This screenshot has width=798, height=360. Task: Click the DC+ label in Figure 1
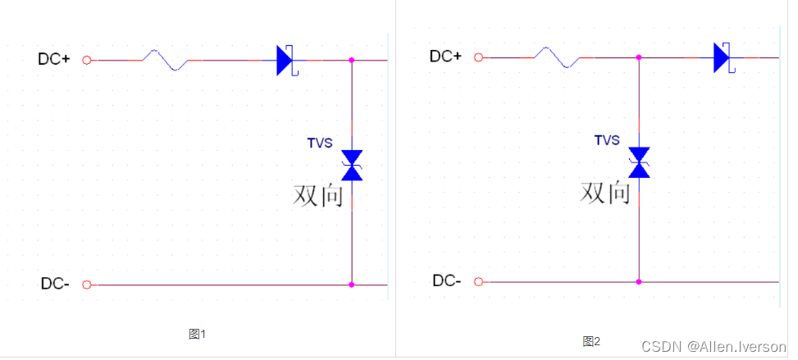(54, 59)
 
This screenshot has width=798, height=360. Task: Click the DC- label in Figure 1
(55, 284)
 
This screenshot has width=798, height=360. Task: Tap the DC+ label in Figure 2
(446, 56)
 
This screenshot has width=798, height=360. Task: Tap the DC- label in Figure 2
(447, 281)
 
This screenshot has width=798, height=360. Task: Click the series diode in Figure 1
(285, 60)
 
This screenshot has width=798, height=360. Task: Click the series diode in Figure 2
(723, 57)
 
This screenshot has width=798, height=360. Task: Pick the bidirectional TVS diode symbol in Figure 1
(352, 165)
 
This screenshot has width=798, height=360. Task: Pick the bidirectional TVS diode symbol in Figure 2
(639, 162)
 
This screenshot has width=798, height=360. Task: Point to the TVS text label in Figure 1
(320, 143)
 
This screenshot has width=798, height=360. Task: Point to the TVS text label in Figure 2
(607, 140)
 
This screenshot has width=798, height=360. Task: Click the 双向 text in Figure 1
(318, 195)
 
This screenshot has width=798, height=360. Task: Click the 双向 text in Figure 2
(605, 193)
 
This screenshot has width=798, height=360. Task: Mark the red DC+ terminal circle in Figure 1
(87, 60)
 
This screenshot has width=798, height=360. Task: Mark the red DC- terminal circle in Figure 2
(478, 281)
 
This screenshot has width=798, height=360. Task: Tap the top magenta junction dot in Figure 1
(352, 60)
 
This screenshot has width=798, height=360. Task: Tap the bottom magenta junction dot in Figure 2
(639, 281)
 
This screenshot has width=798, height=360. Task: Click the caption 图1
(197, 334)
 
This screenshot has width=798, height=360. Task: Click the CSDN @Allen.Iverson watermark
(713, 347)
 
